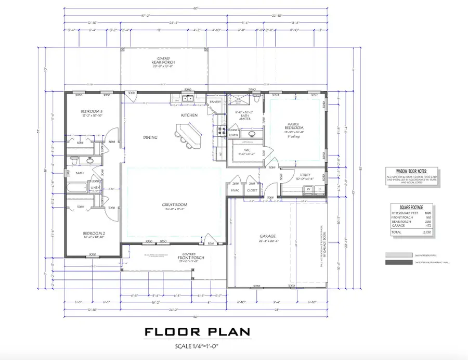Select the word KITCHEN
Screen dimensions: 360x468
(x=189, y=115)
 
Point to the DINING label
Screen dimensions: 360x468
(x=151, y=138)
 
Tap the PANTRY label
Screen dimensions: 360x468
(x=215, y=102)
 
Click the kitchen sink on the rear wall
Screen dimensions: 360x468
(x=188, y=98)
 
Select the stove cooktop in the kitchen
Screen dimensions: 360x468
(x=220, y=130)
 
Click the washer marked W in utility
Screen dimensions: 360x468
(x=308, y=189)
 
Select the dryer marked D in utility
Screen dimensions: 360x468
(x=319, y=189)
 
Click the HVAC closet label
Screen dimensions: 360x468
(x=235, y=191)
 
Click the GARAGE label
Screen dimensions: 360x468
(x=268, y=236)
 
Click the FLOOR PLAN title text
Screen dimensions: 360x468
(x=197, y=332)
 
